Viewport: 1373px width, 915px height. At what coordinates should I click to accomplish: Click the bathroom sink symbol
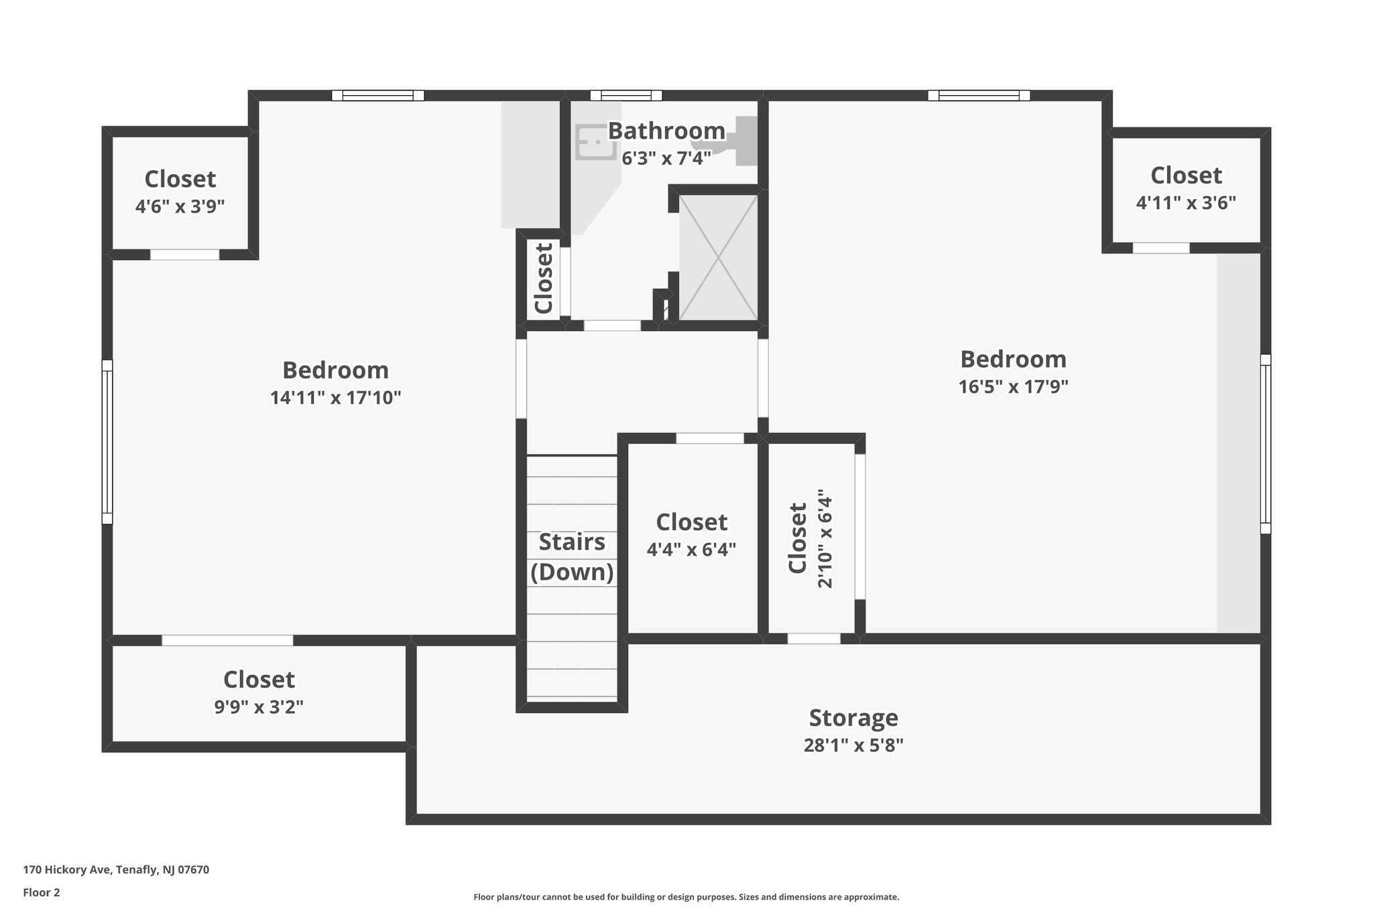pos(595,142)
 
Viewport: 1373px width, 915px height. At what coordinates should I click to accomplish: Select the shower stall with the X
pos(718,257)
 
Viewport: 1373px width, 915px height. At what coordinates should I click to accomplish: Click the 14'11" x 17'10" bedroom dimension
pos(335,398)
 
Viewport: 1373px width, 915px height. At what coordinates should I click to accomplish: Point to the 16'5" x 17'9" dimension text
pos(1013,387)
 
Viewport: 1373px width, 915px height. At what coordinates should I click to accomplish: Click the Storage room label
pos(853,717)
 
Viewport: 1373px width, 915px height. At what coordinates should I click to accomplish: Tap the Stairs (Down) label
pos(572,556)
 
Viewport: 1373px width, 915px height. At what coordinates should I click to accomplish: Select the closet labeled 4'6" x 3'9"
pos(180,192)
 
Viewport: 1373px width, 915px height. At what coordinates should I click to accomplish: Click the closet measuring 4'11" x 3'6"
pos(1185,188)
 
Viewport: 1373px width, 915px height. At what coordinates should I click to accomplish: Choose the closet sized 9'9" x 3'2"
pos(259,692)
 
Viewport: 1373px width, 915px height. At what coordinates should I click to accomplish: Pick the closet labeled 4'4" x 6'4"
pos(691,535)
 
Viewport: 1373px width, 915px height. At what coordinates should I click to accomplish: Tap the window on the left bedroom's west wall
pos(107,442)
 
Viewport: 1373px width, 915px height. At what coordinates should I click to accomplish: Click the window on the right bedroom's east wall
pos(1265,444)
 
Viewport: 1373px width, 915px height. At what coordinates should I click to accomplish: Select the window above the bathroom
pos(625,95)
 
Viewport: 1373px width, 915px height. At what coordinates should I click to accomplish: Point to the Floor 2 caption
pos(42,892)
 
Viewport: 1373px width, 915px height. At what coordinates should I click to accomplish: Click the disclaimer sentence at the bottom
pos(686,897)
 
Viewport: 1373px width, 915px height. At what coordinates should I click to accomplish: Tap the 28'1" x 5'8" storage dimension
pos(853,745)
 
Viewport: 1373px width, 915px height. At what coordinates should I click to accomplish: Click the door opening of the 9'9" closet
pos(227,640)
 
